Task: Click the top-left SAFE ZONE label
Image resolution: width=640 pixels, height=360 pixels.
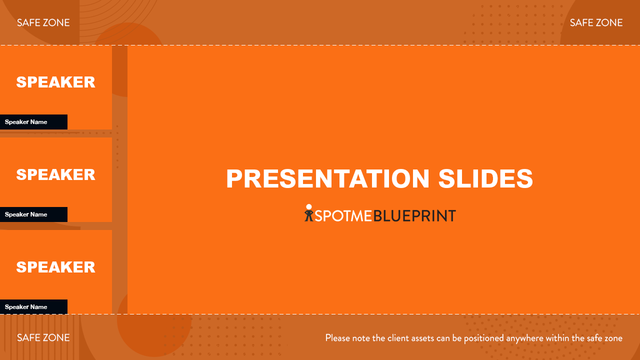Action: (x=43, y=22)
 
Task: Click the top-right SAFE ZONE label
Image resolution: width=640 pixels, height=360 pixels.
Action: (x=596, y=22)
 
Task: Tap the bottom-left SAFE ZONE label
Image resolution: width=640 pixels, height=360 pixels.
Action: (x=43, y=337)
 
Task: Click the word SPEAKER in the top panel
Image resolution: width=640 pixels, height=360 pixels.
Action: (x=55, y=82)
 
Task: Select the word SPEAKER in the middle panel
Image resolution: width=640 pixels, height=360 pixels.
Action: (x=55, y=174)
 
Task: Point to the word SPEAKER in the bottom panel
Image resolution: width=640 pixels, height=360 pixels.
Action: (x=55, y=267)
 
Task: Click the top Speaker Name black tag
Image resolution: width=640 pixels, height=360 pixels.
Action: (x=33, y=122)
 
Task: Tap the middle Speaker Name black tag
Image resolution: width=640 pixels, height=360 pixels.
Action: (x=33, y=214)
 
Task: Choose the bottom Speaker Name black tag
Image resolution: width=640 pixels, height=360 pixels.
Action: (x=33, y=307)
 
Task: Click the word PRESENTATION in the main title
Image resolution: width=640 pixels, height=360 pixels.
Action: (x=327, y=178)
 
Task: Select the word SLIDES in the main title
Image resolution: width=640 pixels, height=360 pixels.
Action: (x=485, y=178)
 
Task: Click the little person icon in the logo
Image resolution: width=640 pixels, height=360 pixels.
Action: (x=309, y=213)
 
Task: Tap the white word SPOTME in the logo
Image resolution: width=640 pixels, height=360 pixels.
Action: (x=343, y=215)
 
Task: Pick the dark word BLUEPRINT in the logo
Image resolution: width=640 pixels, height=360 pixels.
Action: (x=414, y=215)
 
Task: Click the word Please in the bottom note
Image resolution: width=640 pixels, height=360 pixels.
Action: (x=337, y=338)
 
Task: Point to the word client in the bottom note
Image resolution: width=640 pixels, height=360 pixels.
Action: (x=400, y=338)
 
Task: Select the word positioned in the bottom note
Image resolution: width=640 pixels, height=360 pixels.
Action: (x=484, y=338)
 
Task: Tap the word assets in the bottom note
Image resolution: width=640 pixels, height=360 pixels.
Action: (x=424, y=338)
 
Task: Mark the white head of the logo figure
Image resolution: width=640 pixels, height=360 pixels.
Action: (x=309, y=207)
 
